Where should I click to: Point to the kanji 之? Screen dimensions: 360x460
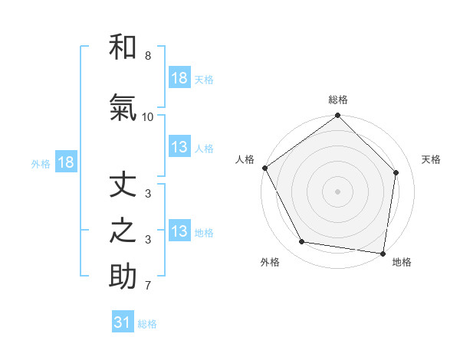[123, 231]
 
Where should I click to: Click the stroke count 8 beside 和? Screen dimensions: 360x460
[148, 56]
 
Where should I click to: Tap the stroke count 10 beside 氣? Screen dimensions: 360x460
[148, 116]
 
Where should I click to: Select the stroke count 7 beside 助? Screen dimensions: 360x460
[148, 286]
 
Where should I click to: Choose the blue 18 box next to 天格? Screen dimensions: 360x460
[179, 78]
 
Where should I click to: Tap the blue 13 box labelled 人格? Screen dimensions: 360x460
[179, 148]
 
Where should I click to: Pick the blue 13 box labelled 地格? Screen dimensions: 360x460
[179, 231]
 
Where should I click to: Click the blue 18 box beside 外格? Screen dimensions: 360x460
[65, 162]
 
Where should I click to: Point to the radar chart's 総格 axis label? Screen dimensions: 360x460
[338, 100]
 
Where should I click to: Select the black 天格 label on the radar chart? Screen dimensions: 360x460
[432, 159]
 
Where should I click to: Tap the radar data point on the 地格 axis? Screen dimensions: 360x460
[383, 253]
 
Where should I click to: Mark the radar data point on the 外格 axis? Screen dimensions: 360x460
[302, 242]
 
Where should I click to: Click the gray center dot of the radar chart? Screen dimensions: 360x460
[338, 191]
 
